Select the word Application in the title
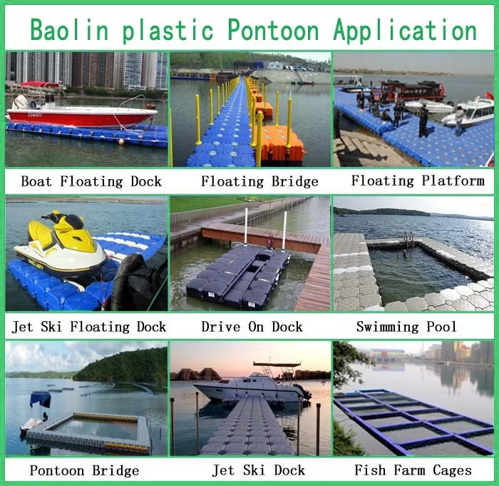pos(404,30)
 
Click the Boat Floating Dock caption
pos(91,181)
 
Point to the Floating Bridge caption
pos(259,181)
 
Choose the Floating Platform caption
pos(418,180)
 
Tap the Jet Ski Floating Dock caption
pos(89,327)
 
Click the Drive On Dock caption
pos(252,327)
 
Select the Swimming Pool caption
pos(407,327)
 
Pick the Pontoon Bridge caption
pos(84,470)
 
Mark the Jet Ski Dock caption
pos(259,470)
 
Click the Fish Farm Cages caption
pos(413,470)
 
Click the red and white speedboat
pos(82,113)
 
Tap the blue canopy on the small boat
pos(40,398)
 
